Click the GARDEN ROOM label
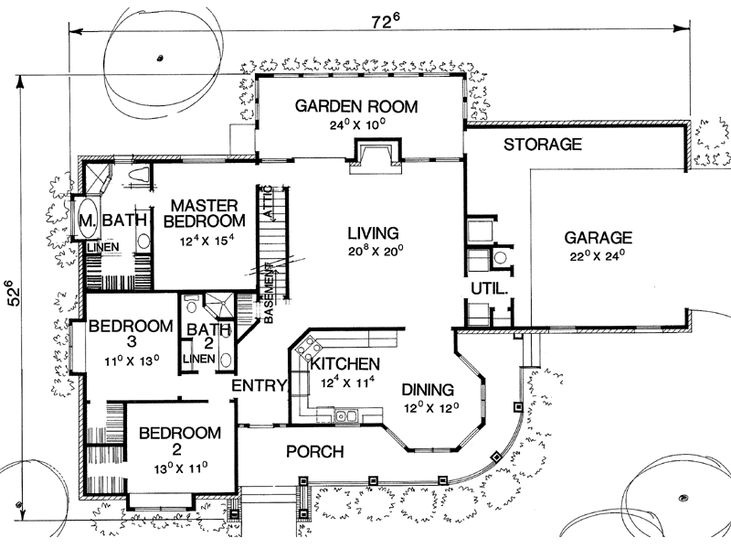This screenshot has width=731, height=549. click(x=356, y=106)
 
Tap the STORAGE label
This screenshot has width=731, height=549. click(x=543, y=145)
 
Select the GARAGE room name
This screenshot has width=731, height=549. click(x=599, y=238)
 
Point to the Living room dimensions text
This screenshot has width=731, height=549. click(x=376, y=251)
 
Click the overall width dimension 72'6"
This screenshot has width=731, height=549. click(x=386, y=20)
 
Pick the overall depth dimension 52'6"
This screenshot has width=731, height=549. click(x=14, y=293)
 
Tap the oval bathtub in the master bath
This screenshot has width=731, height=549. click(x=87, y=219)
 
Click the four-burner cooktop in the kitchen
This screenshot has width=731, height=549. click(x=309, y=348)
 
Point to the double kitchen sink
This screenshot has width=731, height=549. click(x=346, y=414)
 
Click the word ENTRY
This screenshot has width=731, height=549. click(x=260, y=385)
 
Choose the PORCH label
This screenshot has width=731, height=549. click(x=315, y=451)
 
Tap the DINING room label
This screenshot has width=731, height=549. click(x=428, y=390)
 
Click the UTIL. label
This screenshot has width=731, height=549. click(x=489, y=289)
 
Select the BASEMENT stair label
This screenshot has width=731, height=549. click(x=269, y=294)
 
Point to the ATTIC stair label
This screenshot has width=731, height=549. click(x=268, y=201)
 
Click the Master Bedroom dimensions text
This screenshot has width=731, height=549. click(x=207, y=241)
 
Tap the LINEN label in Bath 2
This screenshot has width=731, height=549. click(x=199, y=359)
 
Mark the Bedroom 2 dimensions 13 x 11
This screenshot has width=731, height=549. click(x=181, y=468)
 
